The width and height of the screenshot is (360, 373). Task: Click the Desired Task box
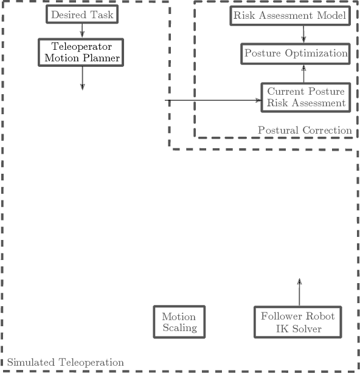[x=81, y=14]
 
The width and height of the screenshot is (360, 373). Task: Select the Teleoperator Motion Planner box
[x=81, y=52]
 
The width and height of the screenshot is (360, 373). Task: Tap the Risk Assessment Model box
[x=290, y=15]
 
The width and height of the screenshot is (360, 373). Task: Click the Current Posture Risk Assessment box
[x=305, y=97]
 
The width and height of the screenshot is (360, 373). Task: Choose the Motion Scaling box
[x=179, y=322]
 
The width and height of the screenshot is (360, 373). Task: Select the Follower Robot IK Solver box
[x=298, y=322]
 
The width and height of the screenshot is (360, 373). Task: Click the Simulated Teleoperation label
[x=66, y=363]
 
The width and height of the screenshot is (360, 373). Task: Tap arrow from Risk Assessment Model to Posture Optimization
[x=303, y=33]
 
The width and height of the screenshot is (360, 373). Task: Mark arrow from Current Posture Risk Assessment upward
[x=303, y=74]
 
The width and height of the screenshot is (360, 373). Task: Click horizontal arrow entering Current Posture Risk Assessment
[x=213, y=100]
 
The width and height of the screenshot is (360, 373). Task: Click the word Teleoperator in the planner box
[x=81, y=46]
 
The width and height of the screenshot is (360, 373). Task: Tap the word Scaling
[x=179, y=328]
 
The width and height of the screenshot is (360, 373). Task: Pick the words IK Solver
[x=298, y=329]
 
